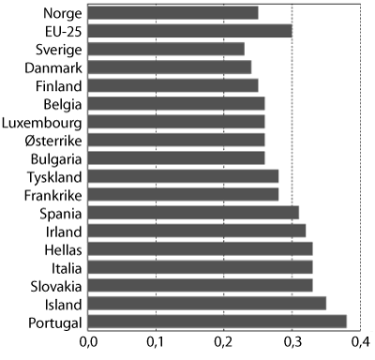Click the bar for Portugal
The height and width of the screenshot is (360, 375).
(222, 322)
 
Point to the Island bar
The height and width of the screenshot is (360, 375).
(208, 304)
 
